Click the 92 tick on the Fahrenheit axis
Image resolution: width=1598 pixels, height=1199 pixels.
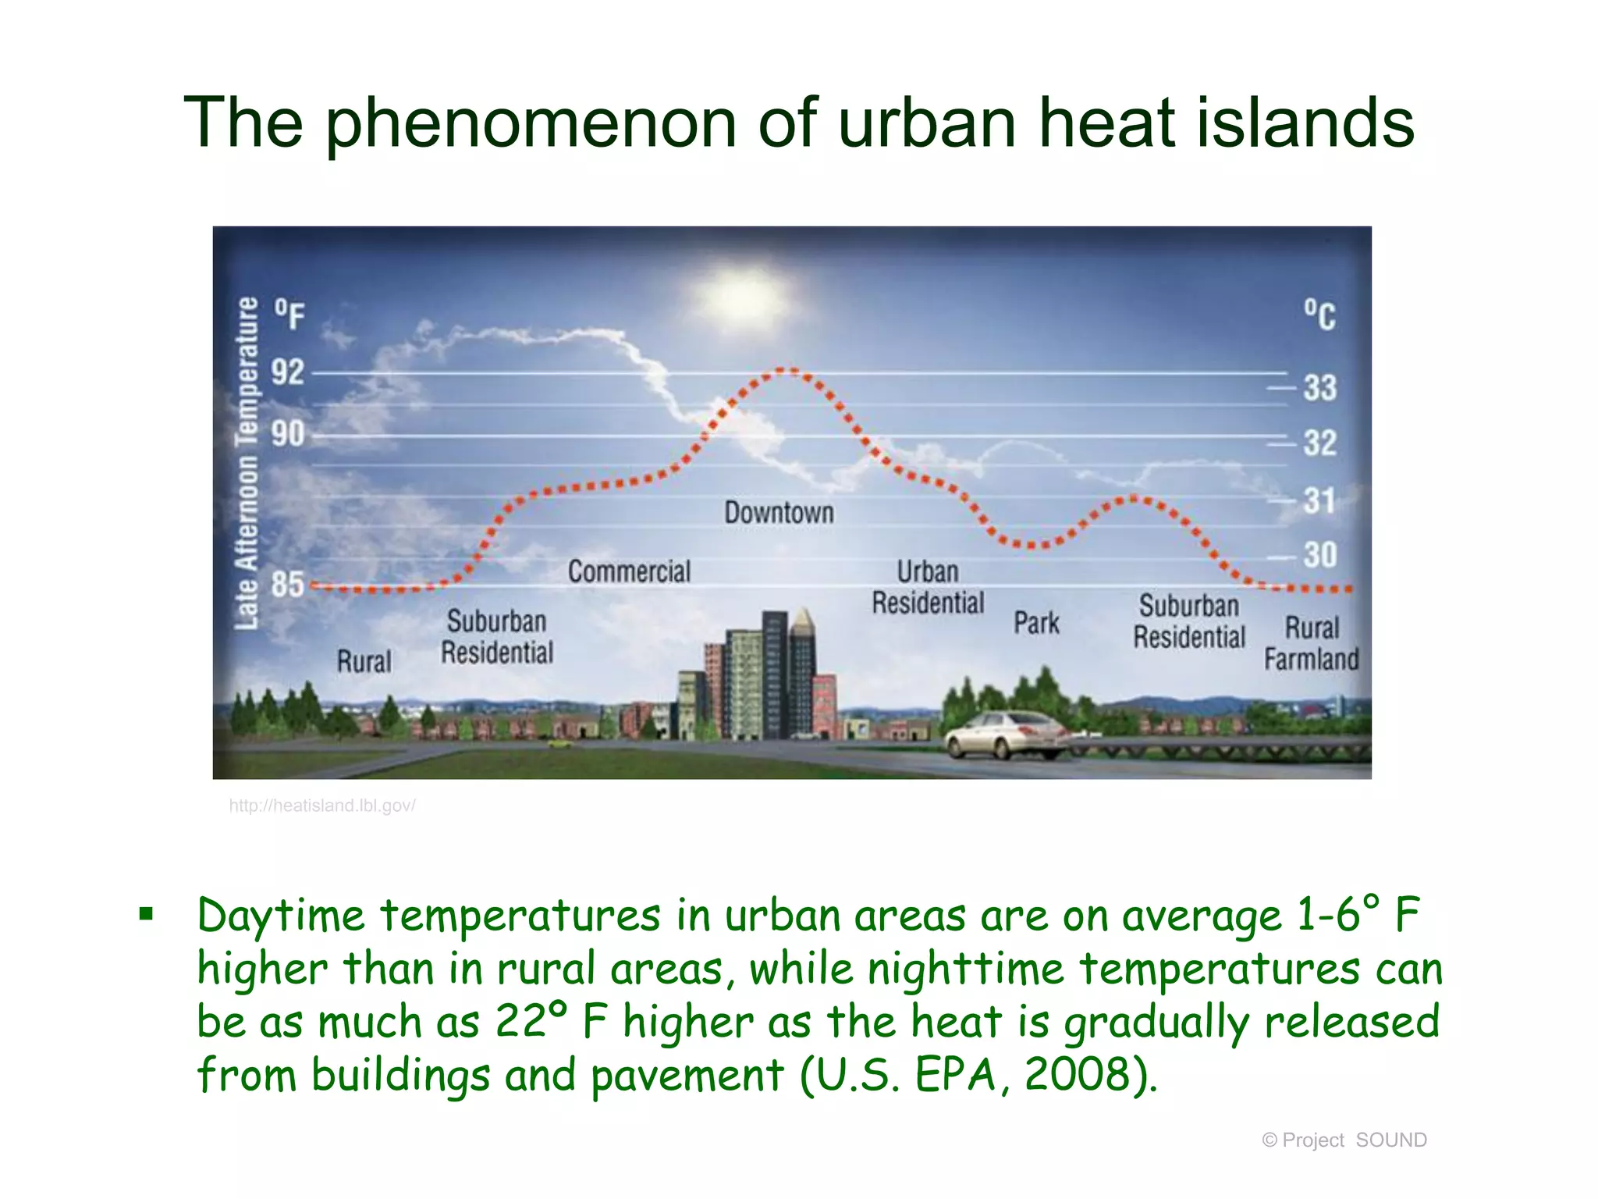pos(287,372)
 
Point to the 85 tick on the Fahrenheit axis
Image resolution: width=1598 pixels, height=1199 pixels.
pos(287,584)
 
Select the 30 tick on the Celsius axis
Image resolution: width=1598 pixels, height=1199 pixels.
pos(1319,555)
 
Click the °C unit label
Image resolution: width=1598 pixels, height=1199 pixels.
pos(1319,315)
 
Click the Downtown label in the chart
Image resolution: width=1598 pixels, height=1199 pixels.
pos(779,513)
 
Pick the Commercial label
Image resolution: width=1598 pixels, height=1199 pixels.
pos(629,571)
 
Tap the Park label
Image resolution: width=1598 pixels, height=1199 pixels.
pos(1036,623)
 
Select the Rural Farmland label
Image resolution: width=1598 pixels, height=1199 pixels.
pos(1311,643)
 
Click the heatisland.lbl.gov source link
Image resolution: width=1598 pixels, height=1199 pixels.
pos(322,806)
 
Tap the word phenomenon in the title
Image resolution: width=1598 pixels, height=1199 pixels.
pos(531,123)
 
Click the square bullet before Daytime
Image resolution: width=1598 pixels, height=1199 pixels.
pos(146,914)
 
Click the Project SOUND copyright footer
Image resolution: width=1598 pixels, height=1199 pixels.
pos(1344,1140)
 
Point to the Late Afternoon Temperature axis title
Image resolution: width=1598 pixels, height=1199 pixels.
pos(247,463)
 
